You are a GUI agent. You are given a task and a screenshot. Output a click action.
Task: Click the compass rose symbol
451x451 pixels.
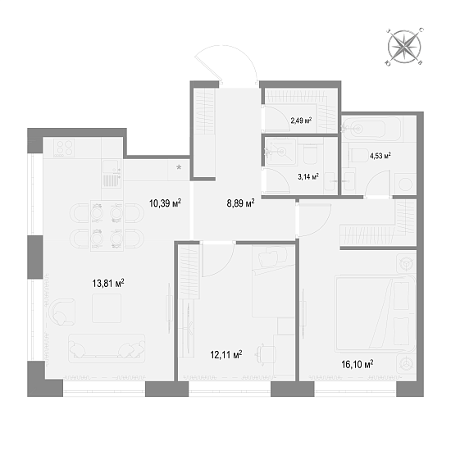[403, 47]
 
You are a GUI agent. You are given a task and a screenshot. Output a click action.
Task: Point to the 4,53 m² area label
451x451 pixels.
[379, 155]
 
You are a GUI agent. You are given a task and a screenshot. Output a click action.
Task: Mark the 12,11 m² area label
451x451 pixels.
[225, 355]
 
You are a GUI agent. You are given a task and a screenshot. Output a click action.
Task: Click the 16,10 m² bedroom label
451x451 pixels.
[356, 364]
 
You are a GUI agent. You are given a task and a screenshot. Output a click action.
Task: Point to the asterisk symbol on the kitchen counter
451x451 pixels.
[180, 167]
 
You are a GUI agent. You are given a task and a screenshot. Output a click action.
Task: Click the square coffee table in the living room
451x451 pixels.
[106, 309]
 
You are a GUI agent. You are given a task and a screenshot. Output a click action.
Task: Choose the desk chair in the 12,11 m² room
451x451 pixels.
[265, 353]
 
